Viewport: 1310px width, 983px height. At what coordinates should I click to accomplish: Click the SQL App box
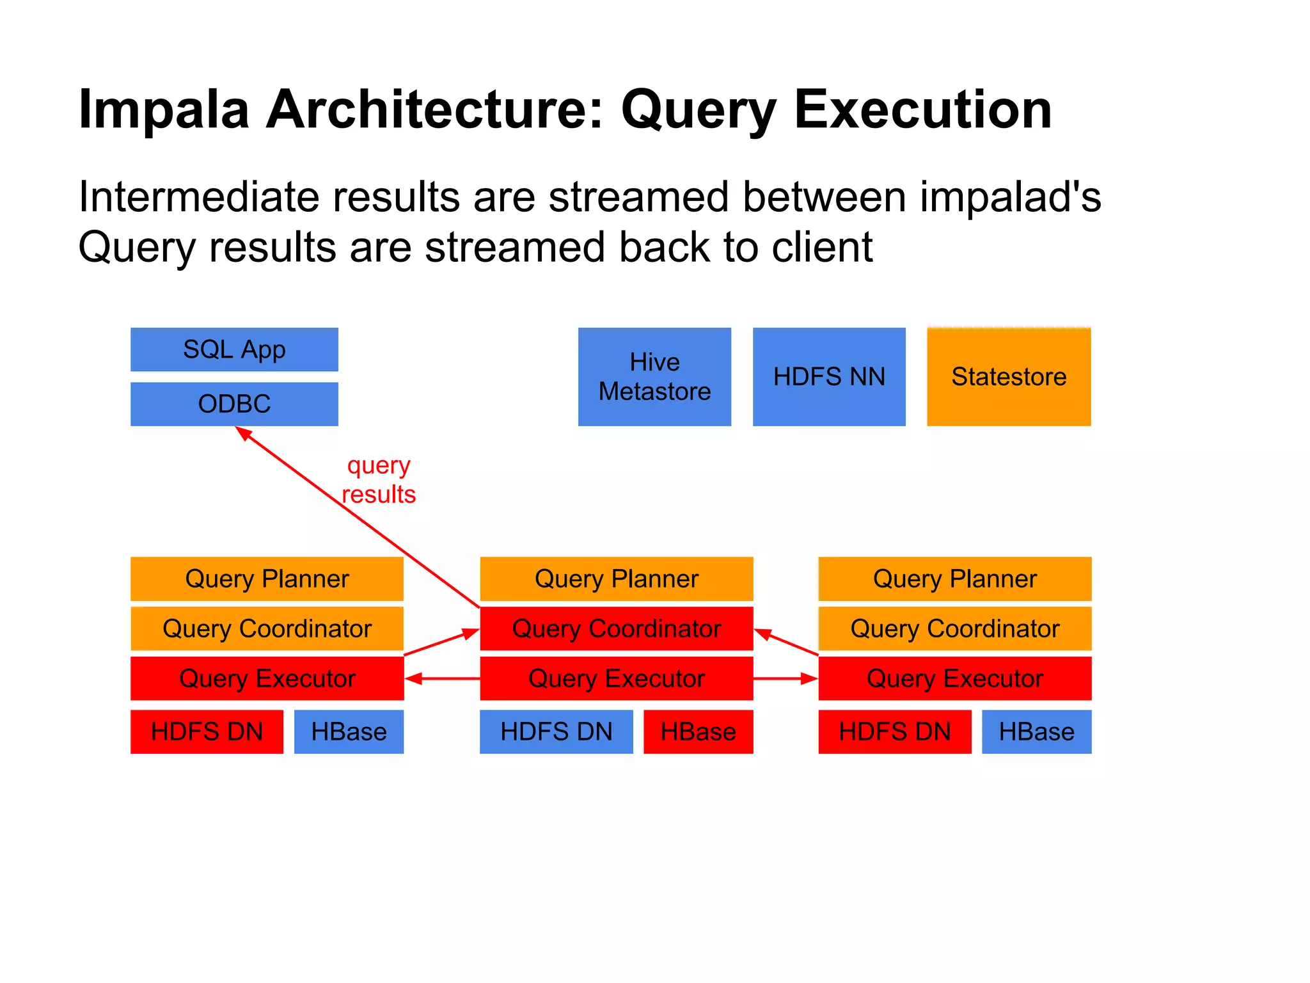(x=234, y=349)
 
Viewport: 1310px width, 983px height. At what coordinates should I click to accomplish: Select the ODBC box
(x=234, y=404)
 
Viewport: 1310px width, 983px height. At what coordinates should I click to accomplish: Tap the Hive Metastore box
(x=654, y=376)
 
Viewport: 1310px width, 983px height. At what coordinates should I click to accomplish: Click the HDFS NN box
(x=829, y=376)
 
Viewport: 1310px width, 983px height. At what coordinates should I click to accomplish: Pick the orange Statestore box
(x=1009, y=376)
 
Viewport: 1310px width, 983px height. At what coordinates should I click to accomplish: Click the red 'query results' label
(x=379, y=480)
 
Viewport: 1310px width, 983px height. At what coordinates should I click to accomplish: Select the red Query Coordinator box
(x=616, y=628)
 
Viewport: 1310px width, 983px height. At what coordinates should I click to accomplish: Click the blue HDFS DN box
(x=556, y=731)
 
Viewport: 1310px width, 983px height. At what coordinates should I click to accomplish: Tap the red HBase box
(x=698, y=731)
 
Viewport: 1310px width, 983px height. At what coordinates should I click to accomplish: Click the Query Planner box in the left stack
(x=267, y=579)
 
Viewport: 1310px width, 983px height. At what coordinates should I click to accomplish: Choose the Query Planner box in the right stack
(x=954, y=579)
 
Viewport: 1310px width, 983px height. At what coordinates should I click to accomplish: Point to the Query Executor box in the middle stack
(x=616, y=678)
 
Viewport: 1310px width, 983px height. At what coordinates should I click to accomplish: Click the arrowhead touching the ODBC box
(x=244, y=433)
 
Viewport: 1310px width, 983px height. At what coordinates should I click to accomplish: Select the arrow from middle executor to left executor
(x=441, y=678)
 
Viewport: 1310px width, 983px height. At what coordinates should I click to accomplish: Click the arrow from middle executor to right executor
(x=785, y=678)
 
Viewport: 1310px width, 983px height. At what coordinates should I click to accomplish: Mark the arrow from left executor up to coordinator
(x=441, y=643)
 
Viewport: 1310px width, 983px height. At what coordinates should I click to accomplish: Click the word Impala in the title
(x=163, y=110)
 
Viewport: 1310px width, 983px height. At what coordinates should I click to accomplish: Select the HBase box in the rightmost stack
(x=1036, y=731)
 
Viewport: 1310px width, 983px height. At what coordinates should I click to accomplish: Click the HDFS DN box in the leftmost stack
(x=207, y=731)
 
